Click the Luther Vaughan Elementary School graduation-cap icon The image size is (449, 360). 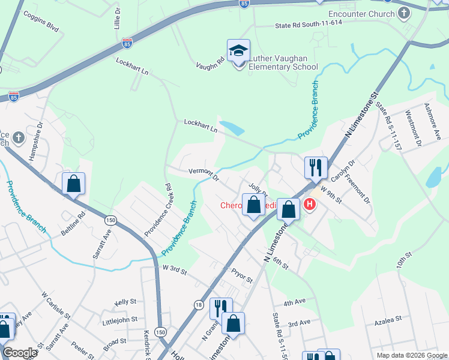(238, 50)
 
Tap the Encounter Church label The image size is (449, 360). (362, 13)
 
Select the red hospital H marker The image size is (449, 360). (310, 205)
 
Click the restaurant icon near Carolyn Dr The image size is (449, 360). (315, 167)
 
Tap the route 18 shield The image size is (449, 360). (198, 305)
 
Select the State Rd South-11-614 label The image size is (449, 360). (308, 25)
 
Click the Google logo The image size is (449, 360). (20, 353)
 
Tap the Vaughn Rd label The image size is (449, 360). (210, 62)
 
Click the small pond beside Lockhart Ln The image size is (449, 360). (232, 128)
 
